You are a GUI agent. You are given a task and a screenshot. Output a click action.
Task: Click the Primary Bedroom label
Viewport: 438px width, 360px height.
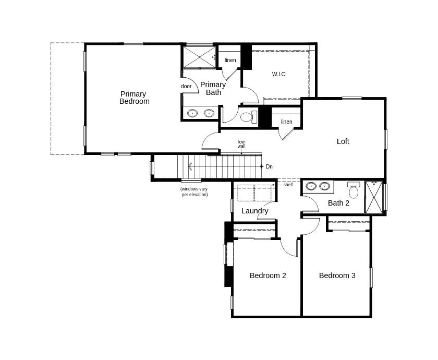click(x=134, y=98)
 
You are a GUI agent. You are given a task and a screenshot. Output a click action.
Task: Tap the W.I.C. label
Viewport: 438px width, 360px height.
click(x=279, y=74)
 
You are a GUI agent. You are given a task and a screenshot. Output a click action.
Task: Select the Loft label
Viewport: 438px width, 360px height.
click(x=343, y=141)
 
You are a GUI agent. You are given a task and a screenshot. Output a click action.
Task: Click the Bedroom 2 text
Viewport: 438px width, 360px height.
click(x=267, y=275)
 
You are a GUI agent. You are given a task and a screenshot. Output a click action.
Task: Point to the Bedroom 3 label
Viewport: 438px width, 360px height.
click(x=337, y=275)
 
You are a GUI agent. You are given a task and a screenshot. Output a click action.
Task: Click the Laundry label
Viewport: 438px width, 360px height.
click(x=254, y=211)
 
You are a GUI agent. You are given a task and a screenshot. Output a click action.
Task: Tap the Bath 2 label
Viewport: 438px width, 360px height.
click(x=338, y=203)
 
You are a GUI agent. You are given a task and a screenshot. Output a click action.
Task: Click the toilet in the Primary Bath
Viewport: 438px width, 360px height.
click(x=248, y=116)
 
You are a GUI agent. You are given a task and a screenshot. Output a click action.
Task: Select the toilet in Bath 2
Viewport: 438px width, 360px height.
click(x=354, y=190)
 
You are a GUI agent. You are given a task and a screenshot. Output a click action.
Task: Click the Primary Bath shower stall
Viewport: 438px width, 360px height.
click(x=198, y=57)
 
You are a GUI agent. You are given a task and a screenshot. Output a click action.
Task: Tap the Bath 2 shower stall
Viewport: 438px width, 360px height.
click(x=374, y=197)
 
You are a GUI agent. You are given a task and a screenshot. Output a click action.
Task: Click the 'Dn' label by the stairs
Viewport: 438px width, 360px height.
click(x=269, y=166)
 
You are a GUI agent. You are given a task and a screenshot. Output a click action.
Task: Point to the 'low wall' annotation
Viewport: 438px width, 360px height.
click(x=241, y=144)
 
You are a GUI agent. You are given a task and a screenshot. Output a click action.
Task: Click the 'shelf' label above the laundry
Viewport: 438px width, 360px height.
click(x=288, y=185)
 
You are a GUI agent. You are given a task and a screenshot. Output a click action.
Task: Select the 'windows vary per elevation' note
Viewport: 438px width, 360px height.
click(x=194, y=191)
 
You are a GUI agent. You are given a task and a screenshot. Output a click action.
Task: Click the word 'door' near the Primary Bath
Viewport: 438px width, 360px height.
click(x=186, y=86)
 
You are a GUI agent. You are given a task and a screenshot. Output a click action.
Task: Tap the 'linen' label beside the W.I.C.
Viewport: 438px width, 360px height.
click(x=230, y=60)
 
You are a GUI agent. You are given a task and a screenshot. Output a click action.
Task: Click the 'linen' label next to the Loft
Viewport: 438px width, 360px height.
click(x=286, y=122)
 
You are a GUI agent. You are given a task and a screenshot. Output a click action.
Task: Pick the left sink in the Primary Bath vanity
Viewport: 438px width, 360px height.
click(x=192, y=113)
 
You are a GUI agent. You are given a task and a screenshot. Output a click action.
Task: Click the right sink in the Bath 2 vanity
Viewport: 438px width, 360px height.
click(x=324, y=186)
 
